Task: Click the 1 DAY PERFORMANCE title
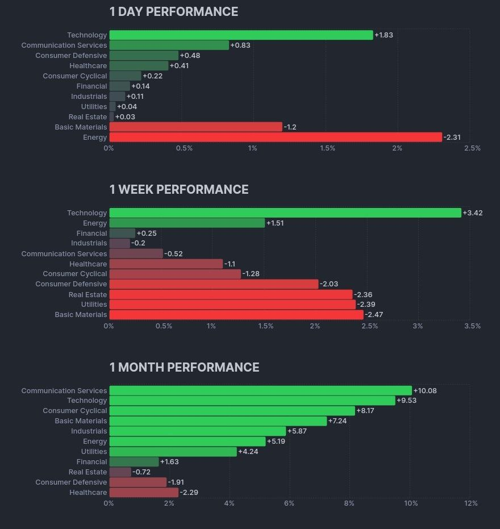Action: pyautogui.click(x=173, y=12)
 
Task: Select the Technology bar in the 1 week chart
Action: pyautogui.click(x=285, y=213)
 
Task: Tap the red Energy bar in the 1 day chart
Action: pyautogui.click(x=275, y=138)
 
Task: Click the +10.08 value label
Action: pyautogui.click(x=425, y=391)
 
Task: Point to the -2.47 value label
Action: pyautogui.click(x=374, y=315)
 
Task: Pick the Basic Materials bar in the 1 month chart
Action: pyautogui.click(x=218, y=421)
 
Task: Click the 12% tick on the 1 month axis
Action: pyautogui.click(x=470, y=503)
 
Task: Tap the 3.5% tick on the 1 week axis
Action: pyautogui.click(x=472, y=326)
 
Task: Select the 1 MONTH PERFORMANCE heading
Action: pyautogui.click(x=184, y=368)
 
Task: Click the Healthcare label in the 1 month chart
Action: pyautogui.click(x=88, y=493)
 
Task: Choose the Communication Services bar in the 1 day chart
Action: pyautogui.click(x=169, y=45)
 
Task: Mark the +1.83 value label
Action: pyautogui.click(x=384, y=35)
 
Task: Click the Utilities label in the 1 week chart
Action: pyautogui.click(x=94, y=305)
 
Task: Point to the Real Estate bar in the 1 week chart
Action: pyautogui.click(x=231, y=295)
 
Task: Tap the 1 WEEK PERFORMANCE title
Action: pyautogui.click(x=179, y=190)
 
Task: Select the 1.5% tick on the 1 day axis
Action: pyautogui.click(x=327, y=148)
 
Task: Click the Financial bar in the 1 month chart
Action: pyautogui.click(x=134, y=462)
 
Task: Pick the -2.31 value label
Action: pyautogui.click(x=452, y=138)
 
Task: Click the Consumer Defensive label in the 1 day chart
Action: pyautogui.click(x=71, y=56)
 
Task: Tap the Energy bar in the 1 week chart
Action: pyautogui.click(x=187, y=223)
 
